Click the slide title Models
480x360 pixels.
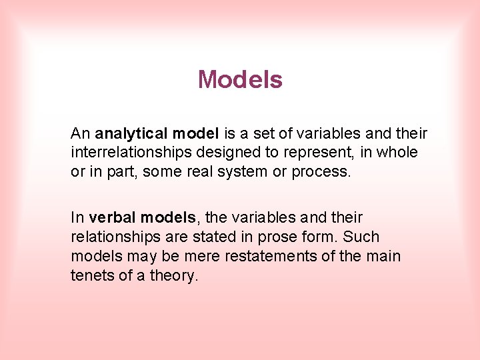(x=240, y=80)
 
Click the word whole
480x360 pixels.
(x=397, y=152)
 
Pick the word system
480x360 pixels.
(x=234, y=171)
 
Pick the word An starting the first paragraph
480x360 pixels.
(x=80, y=133)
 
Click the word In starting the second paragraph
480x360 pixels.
(x=77, y=217)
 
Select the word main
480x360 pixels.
(x=383, y=256)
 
